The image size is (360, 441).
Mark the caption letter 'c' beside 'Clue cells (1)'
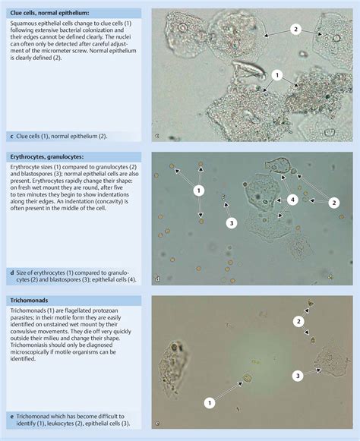point(11,137)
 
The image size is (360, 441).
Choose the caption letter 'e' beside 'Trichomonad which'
point(11,417)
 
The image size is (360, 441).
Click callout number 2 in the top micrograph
point(296,29)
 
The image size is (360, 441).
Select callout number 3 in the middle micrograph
point(232,223)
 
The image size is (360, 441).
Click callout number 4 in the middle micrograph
point(292,200)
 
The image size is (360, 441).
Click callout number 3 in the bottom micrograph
point(298,375)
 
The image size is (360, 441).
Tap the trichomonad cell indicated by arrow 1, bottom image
point(246,377)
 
